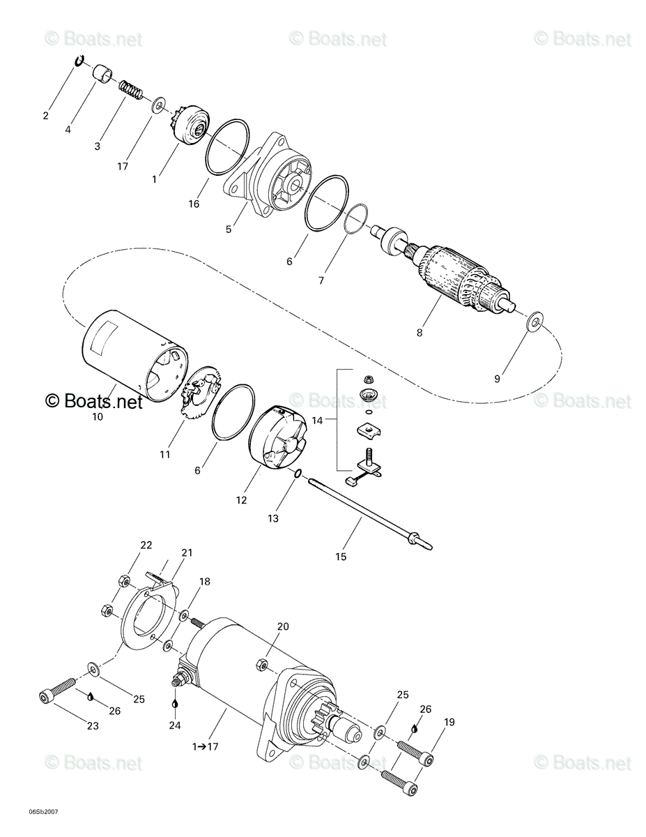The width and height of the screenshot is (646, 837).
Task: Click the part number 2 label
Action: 46,116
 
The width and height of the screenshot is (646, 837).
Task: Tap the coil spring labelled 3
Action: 130,91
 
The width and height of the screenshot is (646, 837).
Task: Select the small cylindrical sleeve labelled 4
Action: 102,73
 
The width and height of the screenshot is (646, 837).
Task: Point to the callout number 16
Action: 194,204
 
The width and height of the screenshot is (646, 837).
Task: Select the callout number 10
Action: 98,416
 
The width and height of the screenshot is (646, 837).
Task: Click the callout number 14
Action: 317,421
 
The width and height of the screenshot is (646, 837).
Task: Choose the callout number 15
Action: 341,557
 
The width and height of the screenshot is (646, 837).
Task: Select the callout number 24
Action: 175,725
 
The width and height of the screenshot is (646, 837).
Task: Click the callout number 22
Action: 146,545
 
